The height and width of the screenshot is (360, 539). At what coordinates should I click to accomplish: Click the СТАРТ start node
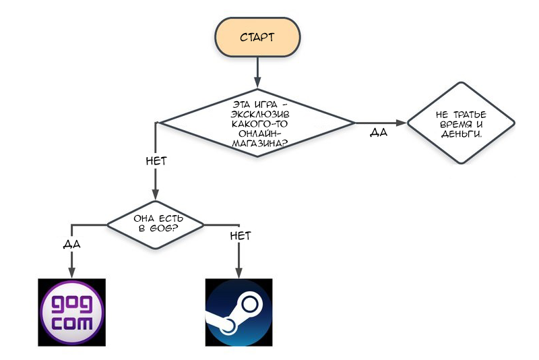point(257,37)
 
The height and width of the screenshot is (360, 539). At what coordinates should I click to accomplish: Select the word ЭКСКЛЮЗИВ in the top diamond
point(260,115)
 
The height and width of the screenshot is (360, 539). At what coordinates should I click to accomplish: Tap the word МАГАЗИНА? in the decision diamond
point(260,144)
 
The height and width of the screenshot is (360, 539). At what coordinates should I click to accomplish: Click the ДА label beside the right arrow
point(379,132)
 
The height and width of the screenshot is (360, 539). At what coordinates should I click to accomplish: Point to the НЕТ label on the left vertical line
point(156,161)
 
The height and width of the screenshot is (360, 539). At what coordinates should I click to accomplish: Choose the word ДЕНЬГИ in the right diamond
point(462,134)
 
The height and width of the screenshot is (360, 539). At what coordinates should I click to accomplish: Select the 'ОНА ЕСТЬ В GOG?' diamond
point(156,225)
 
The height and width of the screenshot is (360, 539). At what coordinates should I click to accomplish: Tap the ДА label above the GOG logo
point(72,244)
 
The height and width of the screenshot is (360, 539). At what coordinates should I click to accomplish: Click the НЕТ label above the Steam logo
point(241,236)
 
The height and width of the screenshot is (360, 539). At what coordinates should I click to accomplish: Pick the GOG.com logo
point(72,312)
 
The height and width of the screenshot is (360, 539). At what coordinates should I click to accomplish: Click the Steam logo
point(239,312)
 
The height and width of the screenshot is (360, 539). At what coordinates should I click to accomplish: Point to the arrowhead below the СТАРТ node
point(257,82)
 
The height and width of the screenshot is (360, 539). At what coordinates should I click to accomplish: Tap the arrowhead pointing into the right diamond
point(401,123)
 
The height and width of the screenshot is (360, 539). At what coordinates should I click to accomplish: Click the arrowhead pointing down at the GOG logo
point(71,272)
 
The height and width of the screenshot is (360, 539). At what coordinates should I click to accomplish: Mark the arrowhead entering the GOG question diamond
point(156,194)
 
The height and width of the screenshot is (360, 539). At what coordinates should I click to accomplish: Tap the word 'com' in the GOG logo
point(72,324)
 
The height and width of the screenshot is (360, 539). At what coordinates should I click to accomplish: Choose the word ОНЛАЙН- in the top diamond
point(260,133)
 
